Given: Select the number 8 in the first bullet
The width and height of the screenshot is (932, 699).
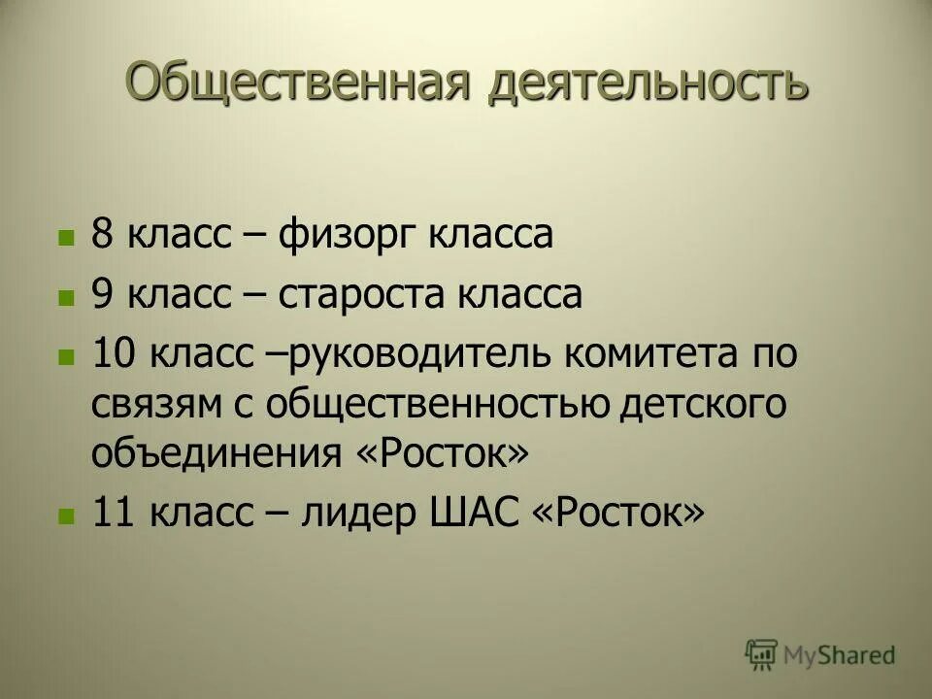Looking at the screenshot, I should (x=102, y=236).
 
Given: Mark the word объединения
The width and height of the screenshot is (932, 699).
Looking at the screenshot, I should (x=211, y=452).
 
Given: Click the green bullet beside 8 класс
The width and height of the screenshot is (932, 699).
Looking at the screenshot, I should (x=66, y=238).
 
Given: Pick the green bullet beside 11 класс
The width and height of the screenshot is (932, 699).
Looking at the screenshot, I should (x=66, y=515).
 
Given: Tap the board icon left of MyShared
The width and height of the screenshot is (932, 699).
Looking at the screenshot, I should (x=762, y=655).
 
